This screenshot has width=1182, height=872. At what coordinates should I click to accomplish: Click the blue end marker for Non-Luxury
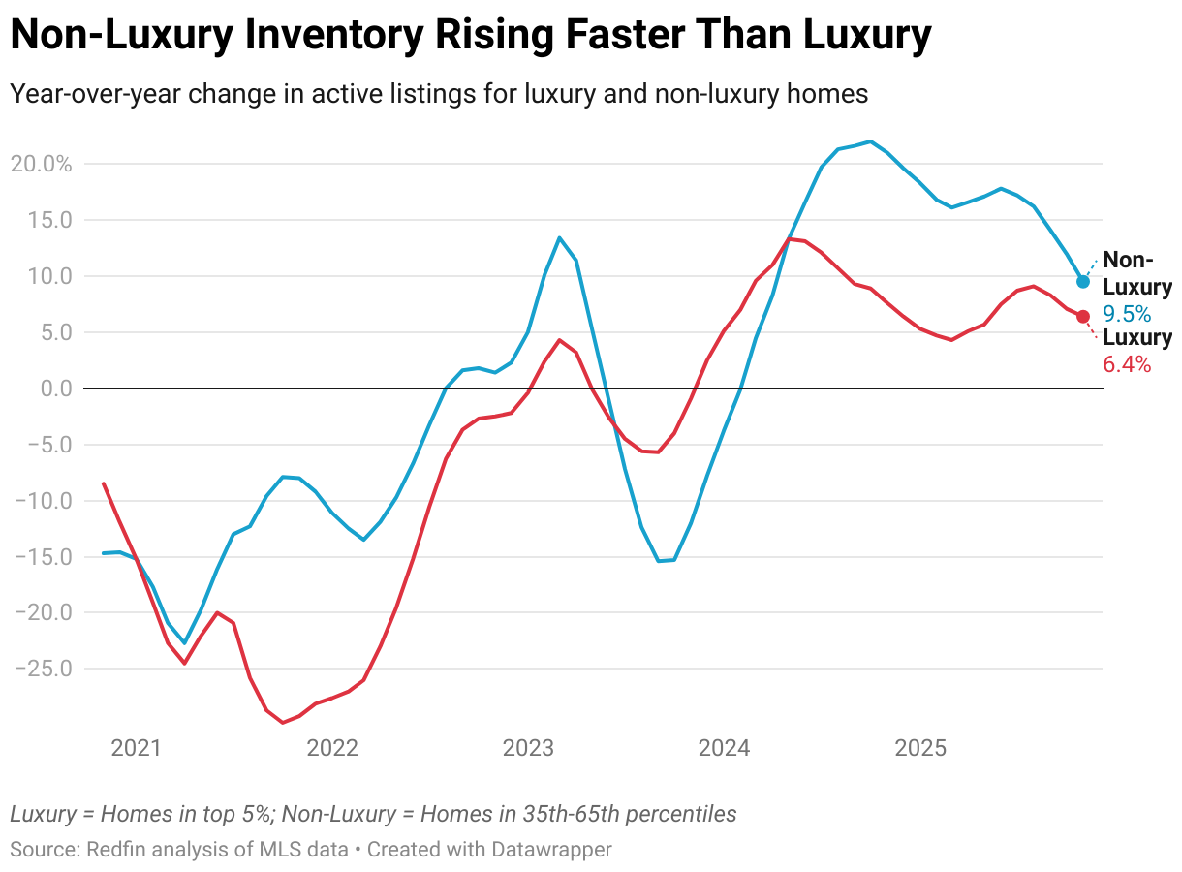point(1083,282)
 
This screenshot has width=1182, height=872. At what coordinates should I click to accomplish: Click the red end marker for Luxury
point(1083,317)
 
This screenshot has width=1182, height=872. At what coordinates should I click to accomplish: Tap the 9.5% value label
point(1127,314)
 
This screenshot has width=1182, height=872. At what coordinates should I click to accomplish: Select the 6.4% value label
point(1127,365)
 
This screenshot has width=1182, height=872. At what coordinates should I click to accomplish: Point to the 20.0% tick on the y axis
point(42,164)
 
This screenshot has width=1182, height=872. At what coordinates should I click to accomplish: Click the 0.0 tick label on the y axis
point(54,389)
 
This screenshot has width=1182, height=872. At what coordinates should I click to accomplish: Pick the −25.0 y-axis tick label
point(42,669)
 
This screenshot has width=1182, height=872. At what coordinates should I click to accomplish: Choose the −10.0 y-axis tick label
point(42,501)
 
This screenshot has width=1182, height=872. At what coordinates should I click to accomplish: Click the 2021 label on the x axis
point(136,748)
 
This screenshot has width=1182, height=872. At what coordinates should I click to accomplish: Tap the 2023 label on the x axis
point(529,748)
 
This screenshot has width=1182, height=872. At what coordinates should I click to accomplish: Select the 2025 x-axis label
point(920,748)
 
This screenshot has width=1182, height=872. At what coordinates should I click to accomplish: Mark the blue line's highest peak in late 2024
point(869,141)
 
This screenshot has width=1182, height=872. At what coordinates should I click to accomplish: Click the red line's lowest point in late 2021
point(282,723)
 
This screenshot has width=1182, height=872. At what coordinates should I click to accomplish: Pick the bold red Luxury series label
point(1137,338)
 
